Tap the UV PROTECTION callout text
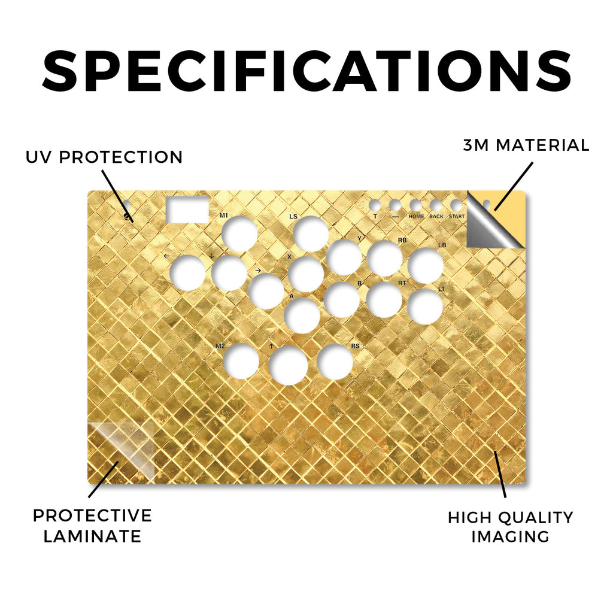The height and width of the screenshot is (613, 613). pos(104,157)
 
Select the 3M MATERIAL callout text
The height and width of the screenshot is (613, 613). pos(526,145)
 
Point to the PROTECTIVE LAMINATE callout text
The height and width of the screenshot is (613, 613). pos(92,526)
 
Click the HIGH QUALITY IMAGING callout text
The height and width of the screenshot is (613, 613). pos(510,527)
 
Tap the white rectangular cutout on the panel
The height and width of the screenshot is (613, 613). pos(187,210)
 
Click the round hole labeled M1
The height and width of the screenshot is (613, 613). pos(239,234)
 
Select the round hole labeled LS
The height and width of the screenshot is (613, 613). pos(311,234)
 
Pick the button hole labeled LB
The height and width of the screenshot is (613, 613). pos(426,265)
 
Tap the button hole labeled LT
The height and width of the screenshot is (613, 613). pos(425,306)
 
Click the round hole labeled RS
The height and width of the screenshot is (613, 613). pos(335,362)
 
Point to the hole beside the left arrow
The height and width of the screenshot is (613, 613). pos(189,272)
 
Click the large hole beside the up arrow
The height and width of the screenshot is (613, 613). pos(289,365)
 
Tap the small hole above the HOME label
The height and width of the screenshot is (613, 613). pos(415,205)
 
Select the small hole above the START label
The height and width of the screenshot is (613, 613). pos(456,205)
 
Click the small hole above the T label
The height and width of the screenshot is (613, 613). pos(375,205)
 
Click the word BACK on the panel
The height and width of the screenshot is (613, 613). pos(436,216)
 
